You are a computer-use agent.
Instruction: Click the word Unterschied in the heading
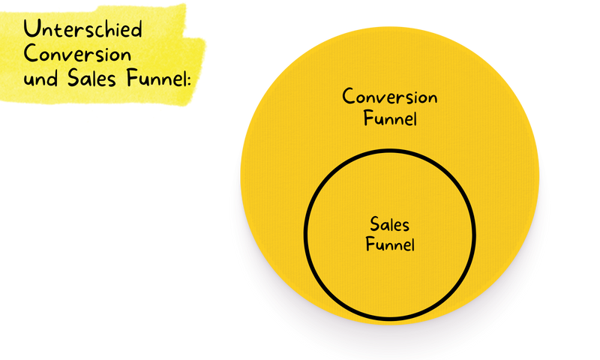tap(82, 31)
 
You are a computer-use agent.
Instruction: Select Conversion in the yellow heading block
tap(77, 55)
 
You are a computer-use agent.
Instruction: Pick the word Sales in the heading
tap(88, 77)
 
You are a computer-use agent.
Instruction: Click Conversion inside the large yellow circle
tap(390, 97)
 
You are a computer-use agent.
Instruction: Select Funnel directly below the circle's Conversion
tap(390, 118)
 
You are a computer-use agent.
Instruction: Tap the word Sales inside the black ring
tap(390, 224)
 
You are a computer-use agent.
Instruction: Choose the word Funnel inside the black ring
tap(390, 244)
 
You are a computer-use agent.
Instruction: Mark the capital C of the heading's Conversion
tap(31, 55)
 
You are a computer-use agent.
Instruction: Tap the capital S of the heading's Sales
tap(68, 77)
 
